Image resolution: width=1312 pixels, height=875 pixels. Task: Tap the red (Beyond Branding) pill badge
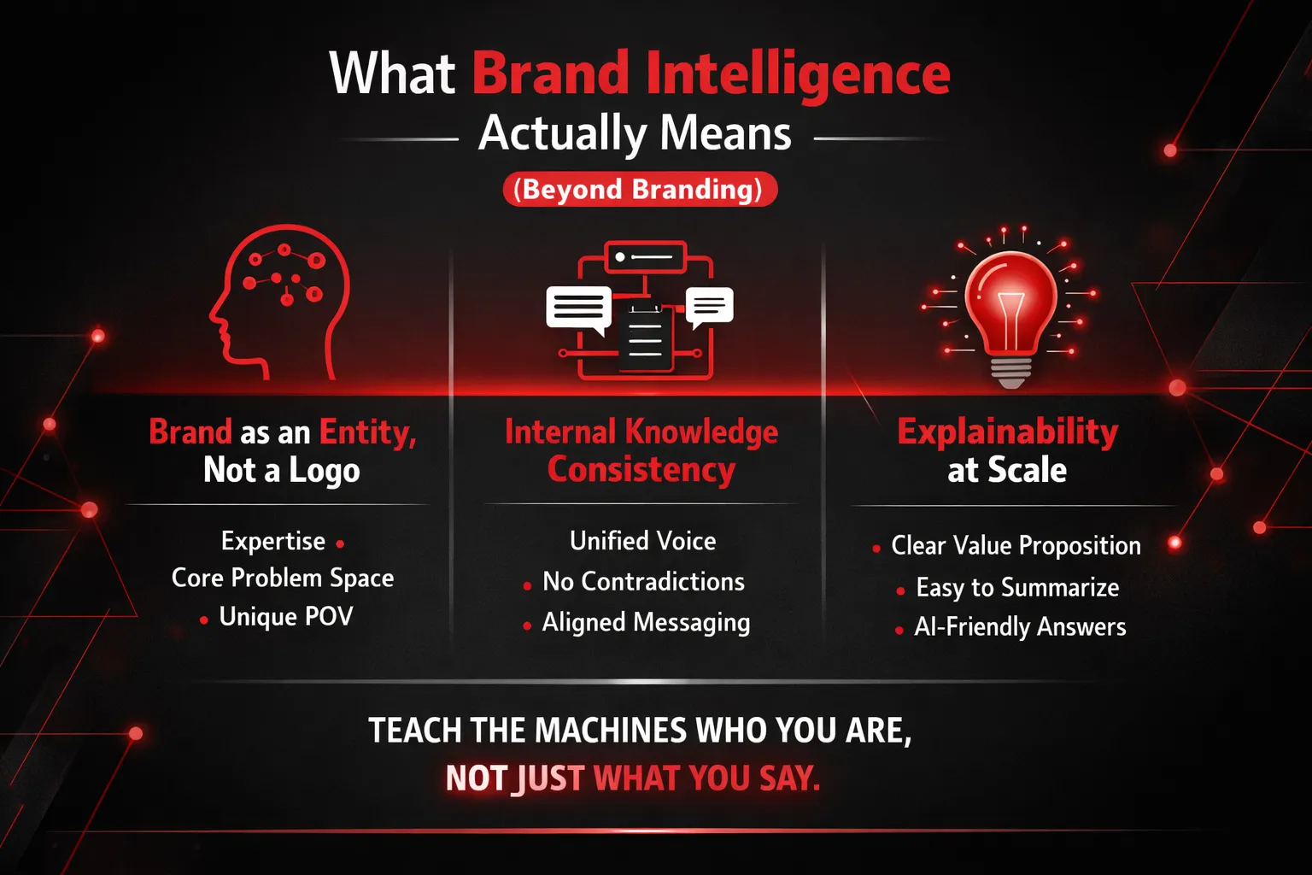click(640, 189)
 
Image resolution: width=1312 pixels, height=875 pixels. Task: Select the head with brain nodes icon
click(280, 302)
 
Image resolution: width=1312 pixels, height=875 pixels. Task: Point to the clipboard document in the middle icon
click(645, 338)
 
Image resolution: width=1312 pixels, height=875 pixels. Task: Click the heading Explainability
click(1007, 432)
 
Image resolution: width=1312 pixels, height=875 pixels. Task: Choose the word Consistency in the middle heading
click(641, 470)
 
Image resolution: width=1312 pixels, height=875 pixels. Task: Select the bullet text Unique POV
click(286, 617)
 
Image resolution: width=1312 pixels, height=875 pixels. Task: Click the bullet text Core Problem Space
click(283, 578)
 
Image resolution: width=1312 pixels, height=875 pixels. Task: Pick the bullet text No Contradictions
click(644, 581)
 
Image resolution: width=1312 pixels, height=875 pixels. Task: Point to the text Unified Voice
click(642, 541)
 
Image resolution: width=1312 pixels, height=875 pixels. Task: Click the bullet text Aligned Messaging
click(646, 623)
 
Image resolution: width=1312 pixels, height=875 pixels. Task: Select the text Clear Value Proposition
click(1016, 546)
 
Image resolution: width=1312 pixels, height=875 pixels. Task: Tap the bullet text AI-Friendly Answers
click(1021, 627)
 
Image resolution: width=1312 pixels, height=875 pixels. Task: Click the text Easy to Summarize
click(1017, 588)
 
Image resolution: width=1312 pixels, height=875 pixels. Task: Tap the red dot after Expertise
click(340, 543)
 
